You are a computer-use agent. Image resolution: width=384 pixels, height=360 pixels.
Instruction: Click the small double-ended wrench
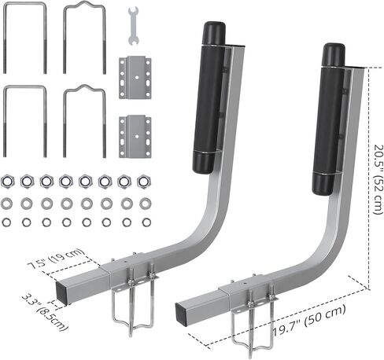[x=133, y=26]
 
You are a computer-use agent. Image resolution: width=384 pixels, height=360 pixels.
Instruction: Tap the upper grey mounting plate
[x=135, y=77]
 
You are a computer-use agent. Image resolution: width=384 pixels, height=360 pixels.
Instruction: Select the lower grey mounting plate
[x=135, y=136]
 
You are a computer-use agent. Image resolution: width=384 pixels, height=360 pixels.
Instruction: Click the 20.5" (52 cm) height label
[x=378, y=179]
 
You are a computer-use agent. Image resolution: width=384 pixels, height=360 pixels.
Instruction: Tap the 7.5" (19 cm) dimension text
[x=57, y=259]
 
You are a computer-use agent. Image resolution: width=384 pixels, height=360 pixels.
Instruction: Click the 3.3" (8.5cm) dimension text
[x=45, y=312]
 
